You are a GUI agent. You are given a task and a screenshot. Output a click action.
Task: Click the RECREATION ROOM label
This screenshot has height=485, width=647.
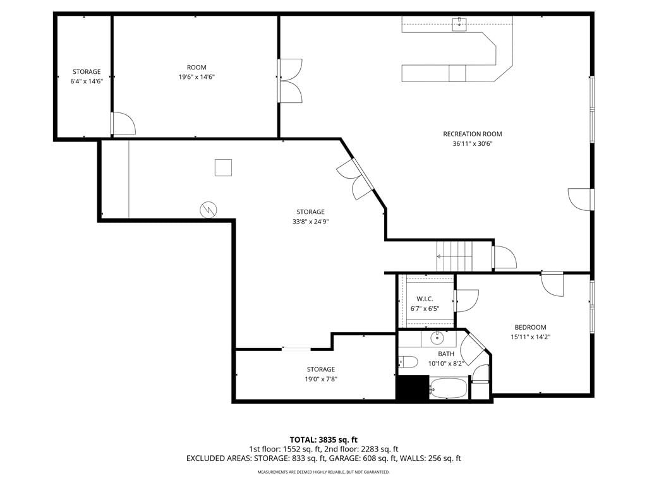tap(473, 134)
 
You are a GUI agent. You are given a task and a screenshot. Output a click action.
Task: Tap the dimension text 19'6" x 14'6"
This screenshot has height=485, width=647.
tap(197, 77)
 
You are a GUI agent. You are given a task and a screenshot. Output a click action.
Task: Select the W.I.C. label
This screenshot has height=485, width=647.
tap(425, 299)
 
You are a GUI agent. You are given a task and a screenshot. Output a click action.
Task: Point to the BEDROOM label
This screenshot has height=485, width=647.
tap(530, 327)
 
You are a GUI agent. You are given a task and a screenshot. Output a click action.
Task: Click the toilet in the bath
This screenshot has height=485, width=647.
tap(408, 362)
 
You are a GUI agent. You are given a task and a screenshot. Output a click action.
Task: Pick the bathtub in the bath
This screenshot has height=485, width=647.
tap(448, 388)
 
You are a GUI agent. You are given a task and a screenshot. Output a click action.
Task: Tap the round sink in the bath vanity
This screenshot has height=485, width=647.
tap(437, 338)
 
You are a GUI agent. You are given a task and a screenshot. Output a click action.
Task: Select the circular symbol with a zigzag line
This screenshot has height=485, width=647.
tap(209, 210)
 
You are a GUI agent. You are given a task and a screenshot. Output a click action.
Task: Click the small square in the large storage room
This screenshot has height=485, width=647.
tap(223, 167)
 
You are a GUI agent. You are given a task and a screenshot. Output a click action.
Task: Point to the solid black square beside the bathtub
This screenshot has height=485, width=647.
tap(413, 387)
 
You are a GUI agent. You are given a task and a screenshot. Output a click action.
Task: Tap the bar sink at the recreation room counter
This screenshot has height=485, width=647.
tap(459, 24)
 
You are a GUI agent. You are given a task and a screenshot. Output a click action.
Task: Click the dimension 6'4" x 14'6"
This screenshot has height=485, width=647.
tap(87, 81)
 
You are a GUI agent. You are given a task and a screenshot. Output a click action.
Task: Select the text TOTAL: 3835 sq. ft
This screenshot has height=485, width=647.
tap(323, 440)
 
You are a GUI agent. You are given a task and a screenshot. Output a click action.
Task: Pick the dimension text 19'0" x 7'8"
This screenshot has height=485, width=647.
tap(321, 380)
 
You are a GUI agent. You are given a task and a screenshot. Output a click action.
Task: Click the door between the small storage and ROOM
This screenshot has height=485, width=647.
tap(124, 123)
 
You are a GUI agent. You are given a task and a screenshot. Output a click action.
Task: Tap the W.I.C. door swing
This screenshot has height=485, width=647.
tap(467, 301)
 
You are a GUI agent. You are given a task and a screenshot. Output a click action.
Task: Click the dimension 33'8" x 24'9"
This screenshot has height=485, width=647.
tap(310, 222)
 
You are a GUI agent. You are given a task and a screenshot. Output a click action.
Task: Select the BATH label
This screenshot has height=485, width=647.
tap(446, 354)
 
